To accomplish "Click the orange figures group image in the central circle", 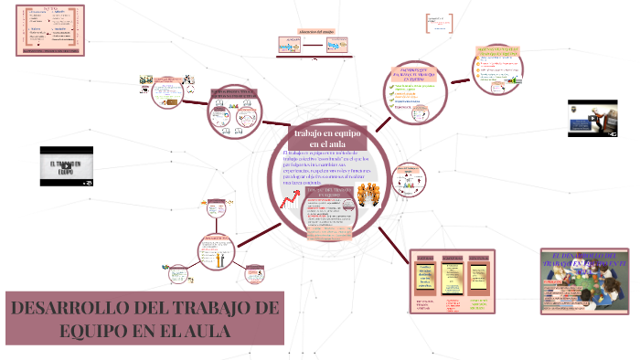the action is [x=371, y=196].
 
